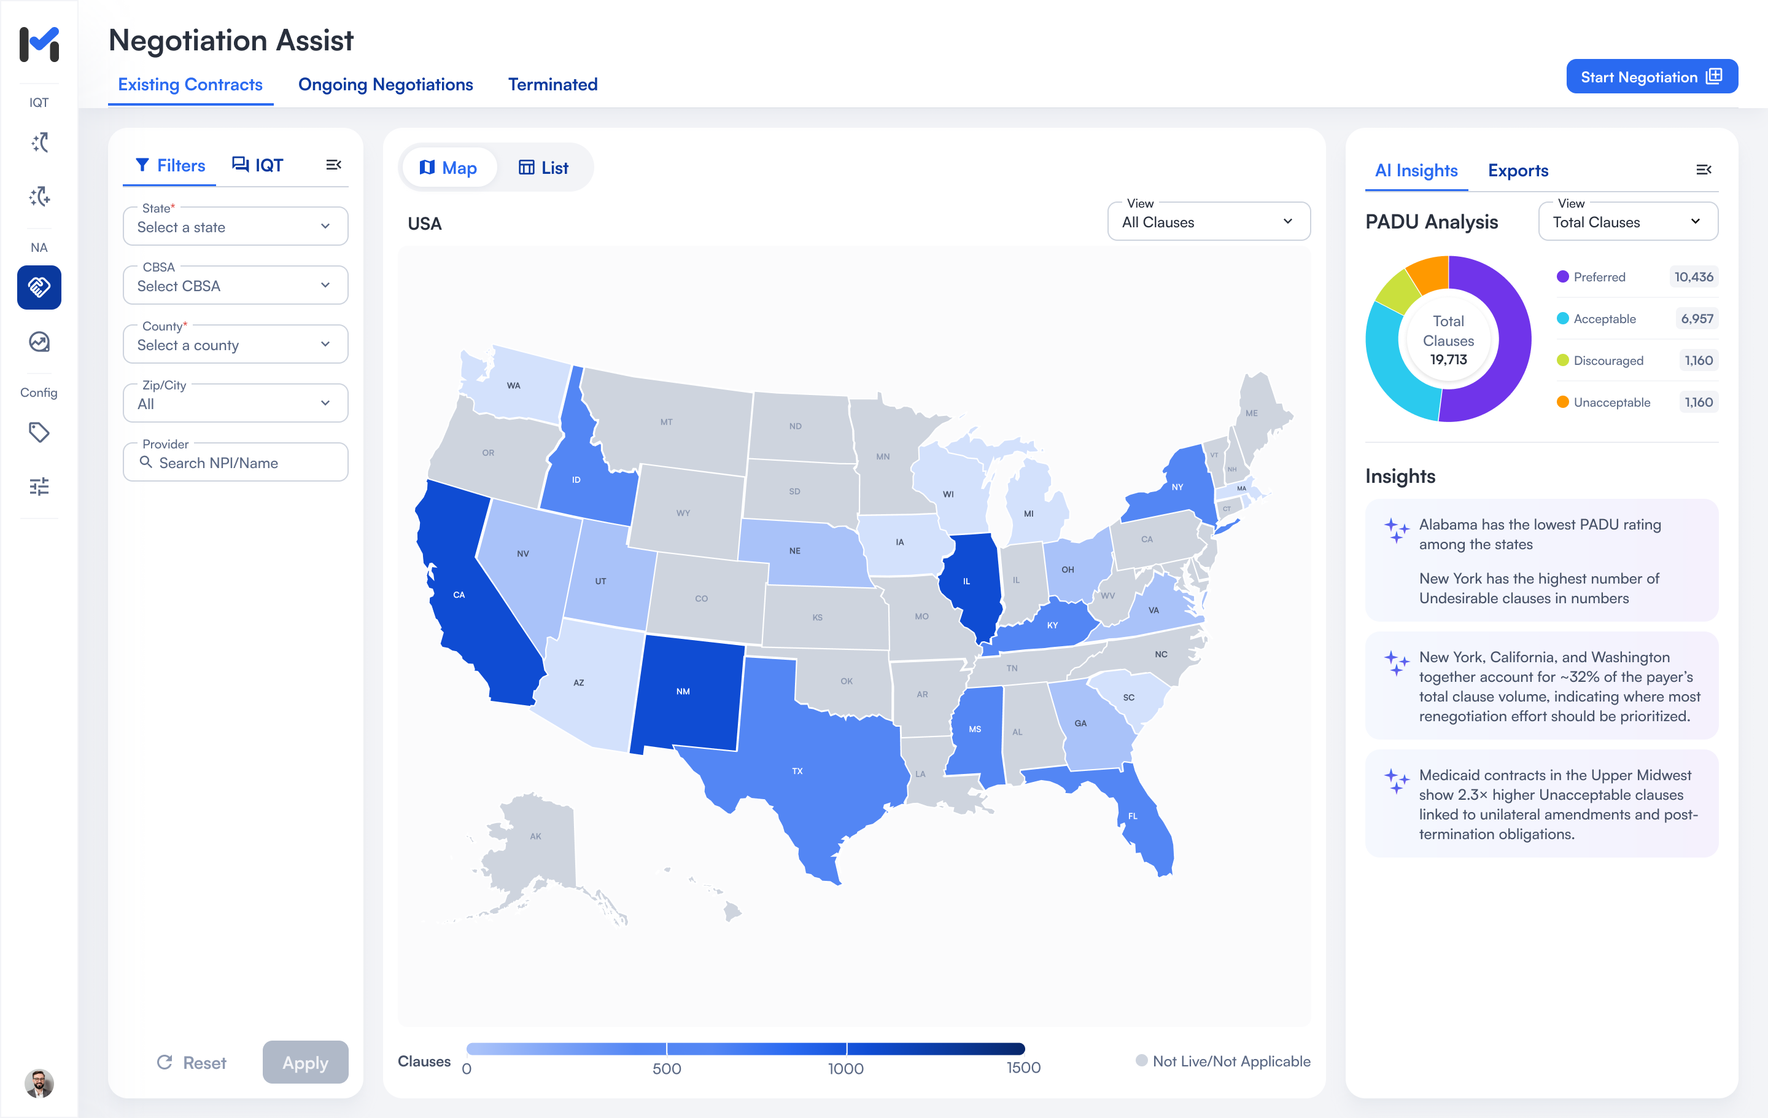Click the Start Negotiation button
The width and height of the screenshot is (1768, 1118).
click(x=1651, y=77)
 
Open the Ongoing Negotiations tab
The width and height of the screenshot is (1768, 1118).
click(x=386, y=85)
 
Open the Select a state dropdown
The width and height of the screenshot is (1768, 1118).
click(x=235, y=227)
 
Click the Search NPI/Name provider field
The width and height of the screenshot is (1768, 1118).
click(x=235, y=463)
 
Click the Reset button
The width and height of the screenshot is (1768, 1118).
click(x=192, y=1062)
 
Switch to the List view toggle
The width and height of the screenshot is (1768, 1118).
click(x=543, y=168)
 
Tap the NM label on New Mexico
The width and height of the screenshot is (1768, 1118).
click(x=683, y=691)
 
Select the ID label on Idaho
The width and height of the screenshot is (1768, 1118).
click(x=576, y=480)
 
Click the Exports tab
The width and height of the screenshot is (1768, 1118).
click(x=1518, y=170)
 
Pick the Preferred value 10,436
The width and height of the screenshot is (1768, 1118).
click(x=1693, y=277)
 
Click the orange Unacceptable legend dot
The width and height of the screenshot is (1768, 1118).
click(x=1562, y=402)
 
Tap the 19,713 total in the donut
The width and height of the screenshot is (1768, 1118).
click(x=1448, y=360)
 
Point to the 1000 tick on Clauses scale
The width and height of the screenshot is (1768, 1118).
click(x=846, y=1068)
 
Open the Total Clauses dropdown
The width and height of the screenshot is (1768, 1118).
click(x=1627, y=222)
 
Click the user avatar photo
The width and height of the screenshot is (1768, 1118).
click(x=39, y=1083)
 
